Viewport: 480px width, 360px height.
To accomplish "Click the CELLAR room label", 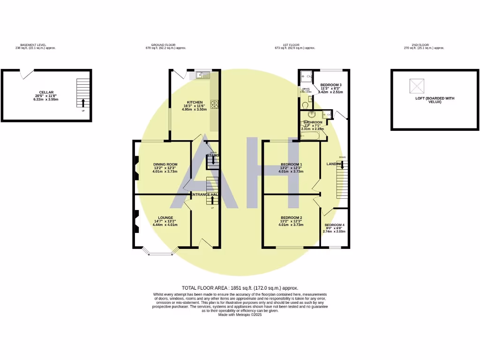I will tap(46, 92).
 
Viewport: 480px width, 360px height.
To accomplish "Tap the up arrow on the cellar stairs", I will tap(83, 103).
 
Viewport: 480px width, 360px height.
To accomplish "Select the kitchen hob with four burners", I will tap(215, 105).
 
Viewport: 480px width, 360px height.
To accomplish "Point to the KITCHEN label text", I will tap(195, 102).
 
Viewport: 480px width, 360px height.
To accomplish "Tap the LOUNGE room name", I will tap(165, 217).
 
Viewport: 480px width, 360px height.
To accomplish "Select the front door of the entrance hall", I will tap(205, 244).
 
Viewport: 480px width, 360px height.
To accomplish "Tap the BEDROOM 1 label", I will tap(291, 164).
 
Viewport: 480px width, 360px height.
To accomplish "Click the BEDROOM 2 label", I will tap(291, 217).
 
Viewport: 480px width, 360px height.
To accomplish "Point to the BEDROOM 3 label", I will tap(330, 85).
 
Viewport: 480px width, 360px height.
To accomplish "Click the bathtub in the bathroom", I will tap(311, 136).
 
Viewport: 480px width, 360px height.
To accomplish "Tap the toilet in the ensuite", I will tap(305, 105).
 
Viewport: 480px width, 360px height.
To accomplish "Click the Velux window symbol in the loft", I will tap(417, 86).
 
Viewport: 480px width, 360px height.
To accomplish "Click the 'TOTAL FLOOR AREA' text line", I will tap(240, 288).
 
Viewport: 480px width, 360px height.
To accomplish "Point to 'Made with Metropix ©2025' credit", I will tap(240, 315).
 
